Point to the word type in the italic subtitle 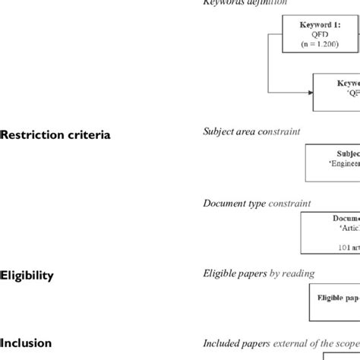coord(261,204)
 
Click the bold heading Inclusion coord(27,343)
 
